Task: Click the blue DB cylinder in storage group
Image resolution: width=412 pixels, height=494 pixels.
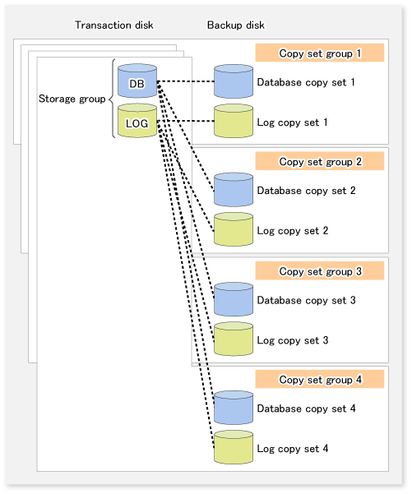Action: click(x=137, y=81)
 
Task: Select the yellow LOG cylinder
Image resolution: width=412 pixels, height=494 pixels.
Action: click(x=137, y=121)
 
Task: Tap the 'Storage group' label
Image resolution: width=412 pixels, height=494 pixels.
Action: click(x=72, y=99)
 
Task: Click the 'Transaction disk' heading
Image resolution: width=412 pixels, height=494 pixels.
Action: click(x=114, y=25)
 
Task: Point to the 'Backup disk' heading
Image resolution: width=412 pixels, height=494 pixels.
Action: click(x=236, y=25)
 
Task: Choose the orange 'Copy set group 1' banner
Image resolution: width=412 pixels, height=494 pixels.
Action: click(x=320, y=53)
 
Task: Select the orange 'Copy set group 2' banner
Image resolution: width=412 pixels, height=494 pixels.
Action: click(x=320, y=161)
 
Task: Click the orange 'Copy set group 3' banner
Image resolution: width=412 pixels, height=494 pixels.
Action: click(x=320, y=270)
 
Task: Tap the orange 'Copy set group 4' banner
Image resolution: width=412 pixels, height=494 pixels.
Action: click(x=320, y=379)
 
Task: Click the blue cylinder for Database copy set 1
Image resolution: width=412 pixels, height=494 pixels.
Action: click(x=234, y=81)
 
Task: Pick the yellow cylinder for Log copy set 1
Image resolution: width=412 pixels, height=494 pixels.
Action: click(x=234, y=121)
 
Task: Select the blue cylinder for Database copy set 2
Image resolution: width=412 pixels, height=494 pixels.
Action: click(x=234, y=190)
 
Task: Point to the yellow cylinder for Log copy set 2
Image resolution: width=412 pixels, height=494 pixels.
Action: click(x=234, y=229)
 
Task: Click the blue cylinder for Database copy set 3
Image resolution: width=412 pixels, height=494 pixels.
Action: click(x=234, y=299)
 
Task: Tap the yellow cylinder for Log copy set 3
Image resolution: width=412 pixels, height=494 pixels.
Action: click(x=234, y=339)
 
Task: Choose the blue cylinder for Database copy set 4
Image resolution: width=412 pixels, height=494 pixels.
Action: click(x=234, y=408)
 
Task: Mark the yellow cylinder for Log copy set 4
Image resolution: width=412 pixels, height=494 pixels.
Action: click(x=234, y=447)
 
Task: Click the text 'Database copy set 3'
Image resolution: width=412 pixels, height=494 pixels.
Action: click(x=306, y=300)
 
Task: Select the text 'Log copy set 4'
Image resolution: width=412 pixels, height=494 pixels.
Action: click(x=293, y=448)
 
